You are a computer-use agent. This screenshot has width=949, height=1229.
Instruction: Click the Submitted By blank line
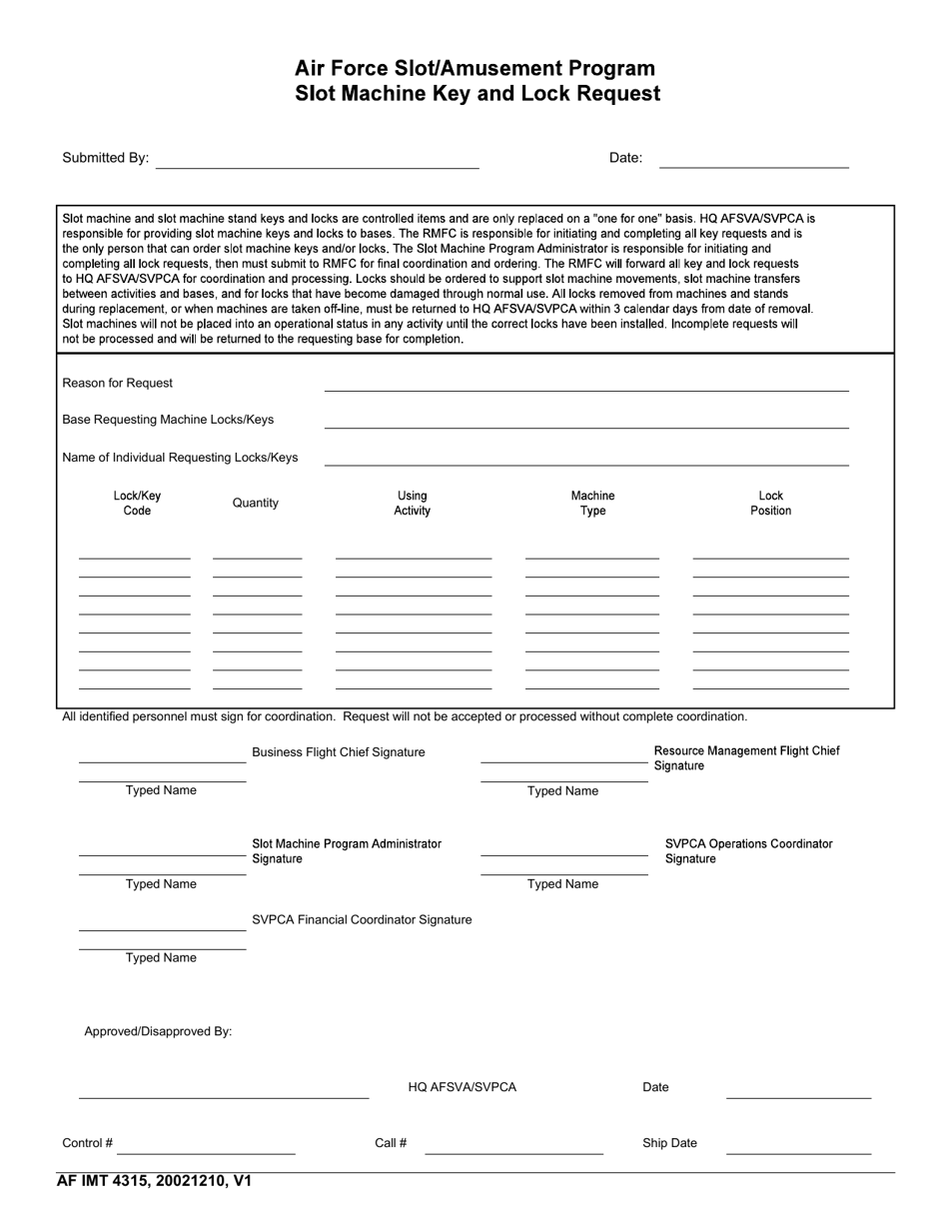317,162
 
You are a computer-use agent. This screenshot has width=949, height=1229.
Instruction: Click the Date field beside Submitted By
754,161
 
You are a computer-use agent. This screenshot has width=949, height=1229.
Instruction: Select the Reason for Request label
117,383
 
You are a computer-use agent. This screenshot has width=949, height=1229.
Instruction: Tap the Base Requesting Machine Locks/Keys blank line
586,422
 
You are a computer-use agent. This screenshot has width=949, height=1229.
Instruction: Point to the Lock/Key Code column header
137,504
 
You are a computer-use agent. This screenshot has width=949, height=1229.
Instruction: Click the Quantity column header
256,503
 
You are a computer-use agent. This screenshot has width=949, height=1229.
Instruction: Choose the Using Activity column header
412,504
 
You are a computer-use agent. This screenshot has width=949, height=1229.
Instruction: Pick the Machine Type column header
592,504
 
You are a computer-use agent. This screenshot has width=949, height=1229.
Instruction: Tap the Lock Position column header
770,504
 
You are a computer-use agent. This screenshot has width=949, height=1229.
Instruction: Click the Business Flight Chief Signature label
338,752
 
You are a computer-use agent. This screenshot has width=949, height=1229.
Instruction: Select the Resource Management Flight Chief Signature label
746,758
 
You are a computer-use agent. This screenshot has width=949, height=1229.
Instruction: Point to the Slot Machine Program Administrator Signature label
346,851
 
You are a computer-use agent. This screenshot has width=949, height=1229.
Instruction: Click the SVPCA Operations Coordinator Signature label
748,851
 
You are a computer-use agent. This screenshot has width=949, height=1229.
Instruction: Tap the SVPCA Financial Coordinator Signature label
362,919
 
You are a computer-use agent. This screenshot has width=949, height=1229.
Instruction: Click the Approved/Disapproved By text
158,1031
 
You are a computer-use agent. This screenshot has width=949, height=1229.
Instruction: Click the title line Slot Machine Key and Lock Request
477,94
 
